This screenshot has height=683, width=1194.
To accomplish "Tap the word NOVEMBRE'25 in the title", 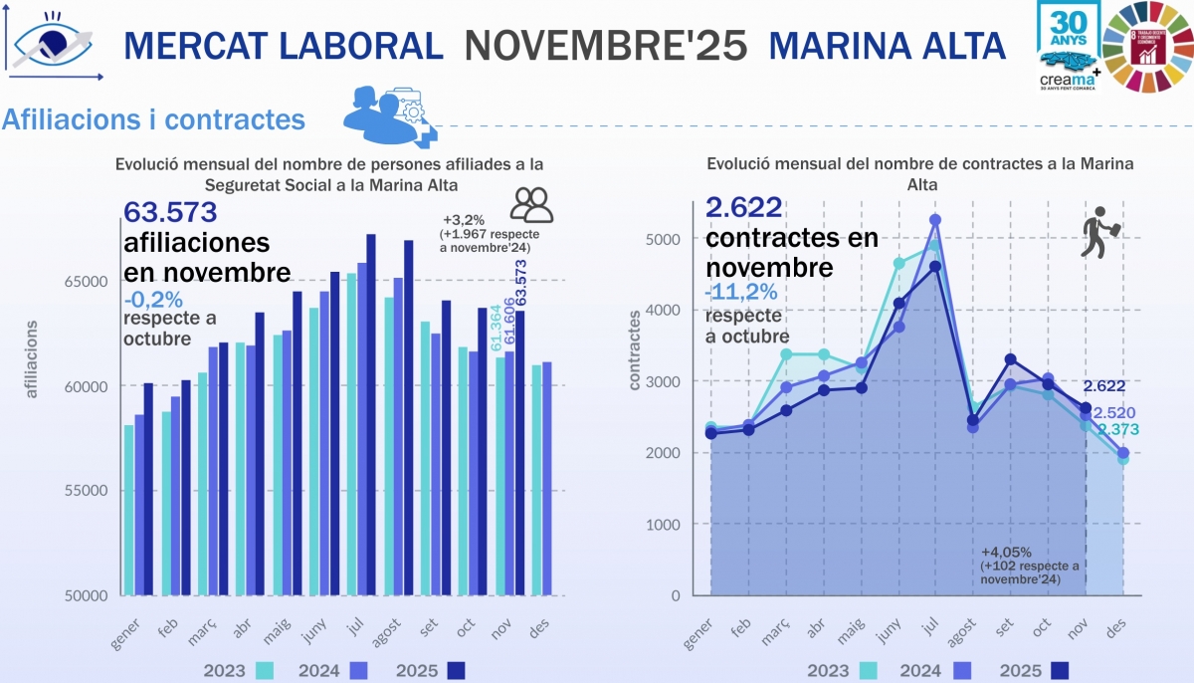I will [606, 45].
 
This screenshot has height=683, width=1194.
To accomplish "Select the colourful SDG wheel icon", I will [1150, 45].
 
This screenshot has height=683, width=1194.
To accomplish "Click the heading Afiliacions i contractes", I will [153, 119].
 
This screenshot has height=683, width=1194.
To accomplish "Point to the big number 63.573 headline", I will [170, 212].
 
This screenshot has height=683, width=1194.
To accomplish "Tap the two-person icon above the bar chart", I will [531, 204].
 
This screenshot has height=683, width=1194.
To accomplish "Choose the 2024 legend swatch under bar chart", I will [359, 670].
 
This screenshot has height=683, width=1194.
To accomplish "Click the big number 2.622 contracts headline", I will [743, 207].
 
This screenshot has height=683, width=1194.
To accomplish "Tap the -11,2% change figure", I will [741, 292].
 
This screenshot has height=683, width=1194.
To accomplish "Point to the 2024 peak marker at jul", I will [934, 220].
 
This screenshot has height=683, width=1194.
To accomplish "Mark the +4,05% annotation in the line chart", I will [1006, 552].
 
